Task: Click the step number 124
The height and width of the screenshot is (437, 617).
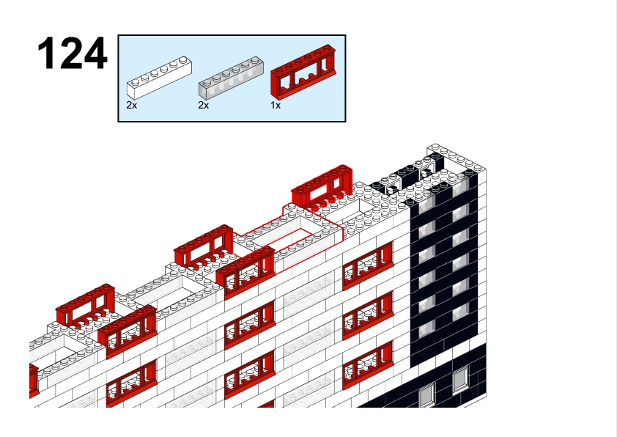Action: pyautogui.click(x=72, y=54)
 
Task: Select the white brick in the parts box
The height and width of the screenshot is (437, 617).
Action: pyautogui.click(x=159, y=78)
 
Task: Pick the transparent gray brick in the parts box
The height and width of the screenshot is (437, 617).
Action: pyautogui.click(x=231, y=78)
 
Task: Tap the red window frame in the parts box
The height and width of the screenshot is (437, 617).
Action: pyautogui.click(x=303, y=71)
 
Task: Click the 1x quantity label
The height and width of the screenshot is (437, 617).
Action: pyautogui.click(x=276, y=105)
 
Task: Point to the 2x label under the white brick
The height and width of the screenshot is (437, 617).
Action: pyautogui.click(x=131, y=105)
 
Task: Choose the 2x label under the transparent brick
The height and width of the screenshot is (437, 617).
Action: pyautogui.click(x=204, y=105)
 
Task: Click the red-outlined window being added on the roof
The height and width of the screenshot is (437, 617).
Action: pyautogui.click(x=322, y=186)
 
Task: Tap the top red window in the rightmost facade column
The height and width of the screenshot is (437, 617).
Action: pyautogui.click(x=368, y=265)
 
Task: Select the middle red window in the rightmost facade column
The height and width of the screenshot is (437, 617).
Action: pyautogui.click(x=368, y=315)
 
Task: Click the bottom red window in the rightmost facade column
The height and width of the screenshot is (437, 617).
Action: pyautogui.click(x=368, y=364)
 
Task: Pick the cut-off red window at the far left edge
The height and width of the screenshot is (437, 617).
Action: pyautogui.click(x=34, y=380)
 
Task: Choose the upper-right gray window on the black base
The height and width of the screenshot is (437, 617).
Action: pyautogui.click(x=461, y=379)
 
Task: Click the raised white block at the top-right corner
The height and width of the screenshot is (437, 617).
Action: pyautogui.click(x=457, y=158)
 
